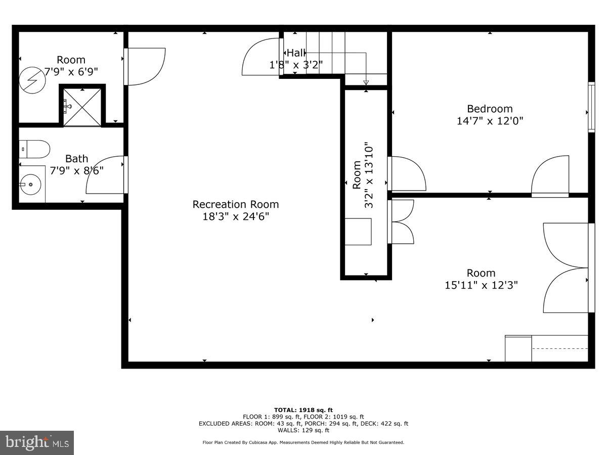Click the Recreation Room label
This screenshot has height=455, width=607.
click(235, 204)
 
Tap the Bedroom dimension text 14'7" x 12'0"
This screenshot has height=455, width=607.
click(489, 121)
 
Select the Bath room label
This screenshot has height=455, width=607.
click(76, 159)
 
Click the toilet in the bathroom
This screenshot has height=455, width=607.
click(35, 150)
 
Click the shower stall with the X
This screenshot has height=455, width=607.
click(82, 106)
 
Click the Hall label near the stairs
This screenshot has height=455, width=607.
click(296, 53)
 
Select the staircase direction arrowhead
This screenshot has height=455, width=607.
click(366, 82)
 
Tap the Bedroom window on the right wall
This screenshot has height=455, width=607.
click(591, 107)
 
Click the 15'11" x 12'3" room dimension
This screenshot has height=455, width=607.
click(481, 285)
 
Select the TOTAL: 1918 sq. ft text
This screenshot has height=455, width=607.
click(303, 410)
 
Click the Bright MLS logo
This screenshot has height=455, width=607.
click(37, 442)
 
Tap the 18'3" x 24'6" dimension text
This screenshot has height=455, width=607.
click(235, 217)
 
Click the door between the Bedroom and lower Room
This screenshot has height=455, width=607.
click(550, 177)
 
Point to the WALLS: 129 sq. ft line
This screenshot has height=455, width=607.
click(303, 430)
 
